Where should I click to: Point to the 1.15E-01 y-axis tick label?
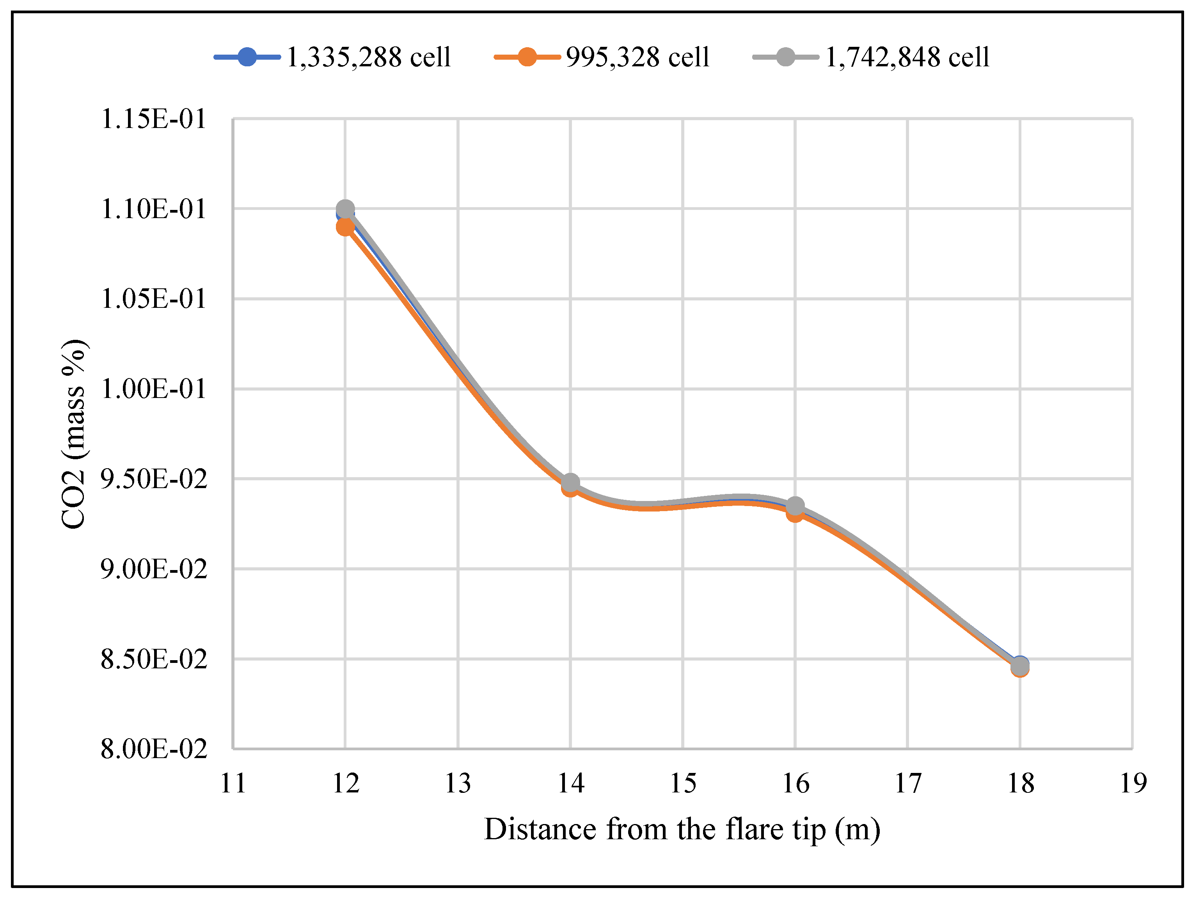(x=153, y=119)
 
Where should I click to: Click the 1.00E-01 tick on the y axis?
(x=153, y=389)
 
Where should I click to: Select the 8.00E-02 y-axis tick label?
(x=153, y=750)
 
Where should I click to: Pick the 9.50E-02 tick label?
(x=153, y=479)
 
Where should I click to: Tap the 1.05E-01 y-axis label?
(x=153, y=299)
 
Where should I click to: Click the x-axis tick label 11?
(x=233, y=783)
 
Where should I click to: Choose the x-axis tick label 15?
(x=683, y=783)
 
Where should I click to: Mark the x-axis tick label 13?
(x=458, y=783)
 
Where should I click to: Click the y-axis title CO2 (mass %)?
(x=73, y=434)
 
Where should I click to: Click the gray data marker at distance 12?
(x=345, y=209)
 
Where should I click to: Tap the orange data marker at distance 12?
(x=345, y=228)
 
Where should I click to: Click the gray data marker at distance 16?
(x=795, y=506)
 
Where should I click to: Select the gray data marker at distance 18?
(x=1020, y=667)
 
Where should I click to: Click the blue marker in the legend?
(x=247, y=57)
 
